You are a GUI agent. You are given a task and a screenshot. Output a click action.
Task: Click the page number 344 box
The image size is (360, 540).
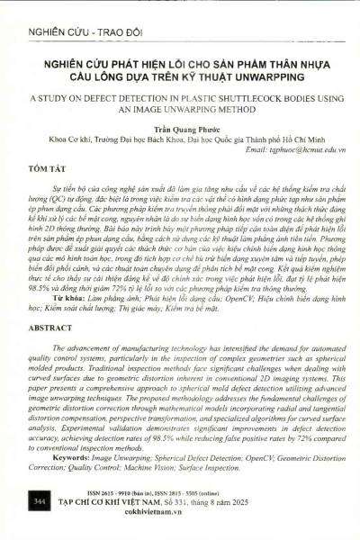pyautogui.click(x=39, y=499)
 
